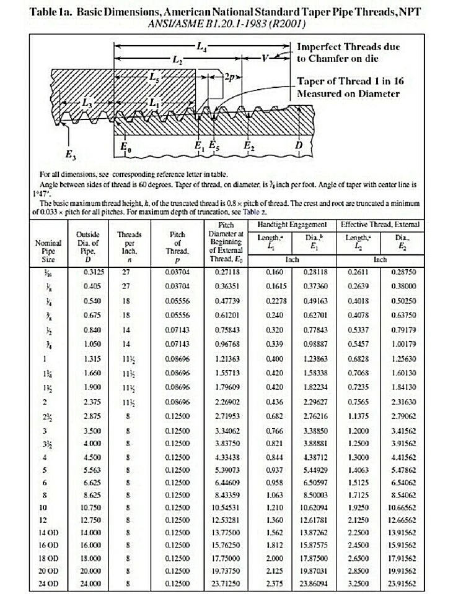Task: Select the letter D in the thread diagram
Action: coord(300,145)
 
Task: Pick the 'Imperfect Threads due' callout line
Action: coord(348,47)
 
